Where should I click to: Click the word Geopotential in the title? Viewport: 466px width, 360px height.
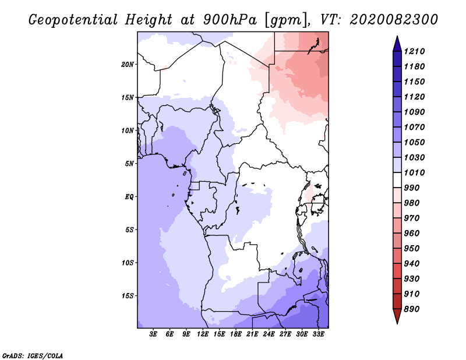tap(73, 20)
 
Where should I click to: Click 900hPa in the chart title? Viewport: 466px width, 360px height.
tap(230, 20)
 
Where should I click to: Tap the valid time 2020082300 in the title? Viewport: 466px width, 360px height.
tap(394, 20)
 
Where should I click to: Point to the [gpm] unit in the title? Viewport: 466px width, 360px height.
tap(285, 20)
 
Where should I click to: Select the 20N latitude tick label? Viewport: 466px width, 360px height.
tap(128, 64)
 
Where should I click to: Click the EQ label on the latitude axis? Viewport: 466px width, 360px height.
tap(129, 197)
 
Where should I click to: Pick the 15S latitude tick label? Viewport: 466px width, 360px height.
tap(128, 296)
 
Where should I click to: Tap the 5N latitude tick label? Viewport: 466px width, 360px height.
tap(129, 164)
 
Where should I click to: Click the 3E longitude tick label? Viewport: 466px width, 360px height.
tap(153, 334)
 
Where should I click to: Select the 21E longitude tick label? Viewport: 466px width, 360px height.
tap(252, 334)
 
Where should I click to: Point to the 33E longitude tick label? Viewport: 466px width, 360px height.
tap(318, 334)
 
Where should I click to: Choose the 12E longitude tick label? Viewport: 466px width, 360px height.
tap(202, 334)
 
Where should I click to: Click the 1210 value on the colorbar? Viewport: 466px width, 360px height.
tap(414, 51)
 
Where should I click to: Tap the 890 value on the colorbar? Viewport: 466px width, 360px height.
tap(412, 309)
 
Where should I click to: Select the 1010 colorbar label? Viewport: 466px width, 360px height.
tap(414, 172)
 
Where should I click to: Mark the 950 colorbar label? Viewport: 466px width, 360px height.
tap(412, 249)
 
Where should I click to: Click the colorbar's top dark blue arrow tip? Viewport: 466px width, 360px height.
tap(397, 36)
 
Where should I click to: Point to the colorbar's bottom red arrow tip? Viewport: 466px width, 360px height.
tap(397, 323)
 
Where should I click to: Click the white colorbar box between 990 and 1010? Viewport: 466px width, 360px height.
tap(397, 180)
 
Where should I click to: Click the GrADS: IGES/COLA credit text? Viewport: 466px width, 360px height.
tap(33, 356)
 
